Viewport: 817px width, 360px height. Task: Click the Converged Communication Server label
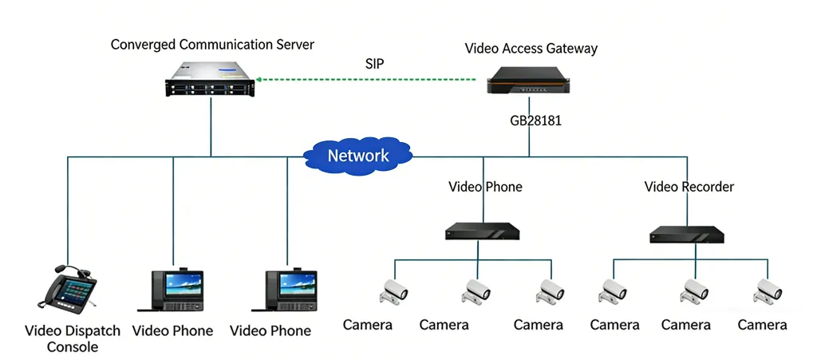(212, 44)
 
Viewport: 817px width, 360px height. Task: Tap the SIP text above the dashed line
(374, 64)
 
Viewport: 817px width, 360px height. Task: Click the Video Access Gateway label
(531, 49)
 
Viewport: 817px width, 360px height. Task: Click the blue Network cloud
(358, 155)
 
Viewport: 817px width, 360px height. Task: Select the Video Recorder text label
(689, 187)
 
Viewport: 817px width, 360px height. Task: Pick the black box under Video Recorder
(686, 235)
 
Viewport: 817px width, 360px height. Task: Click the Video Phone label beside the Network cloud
(485, 187)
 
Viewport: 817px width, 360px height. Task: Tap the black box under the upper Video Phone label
(482, 231)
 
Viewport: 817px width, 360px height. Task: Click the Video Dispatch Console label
(73, 338)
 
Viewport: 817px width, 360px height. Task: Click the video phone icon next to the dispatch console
(172, 290)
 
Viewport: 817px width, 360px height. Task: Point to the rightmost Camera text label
(762, 325)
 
